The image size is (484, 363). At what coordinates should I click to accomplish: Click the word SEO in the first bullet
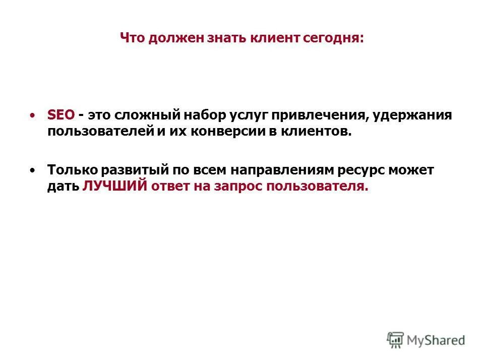(x=60, y=115)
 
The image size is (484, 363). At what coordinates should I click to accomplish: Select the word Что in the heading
(x=132, y=38)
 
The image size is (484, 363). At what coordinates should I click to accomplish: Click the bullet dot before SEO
(x=33, y=115)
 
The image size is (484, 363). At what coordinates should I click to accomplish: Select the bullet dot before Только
(x=33, y=170)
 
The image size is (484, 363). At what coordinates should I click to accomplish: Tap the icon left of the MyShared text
(x=396, y=340)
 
